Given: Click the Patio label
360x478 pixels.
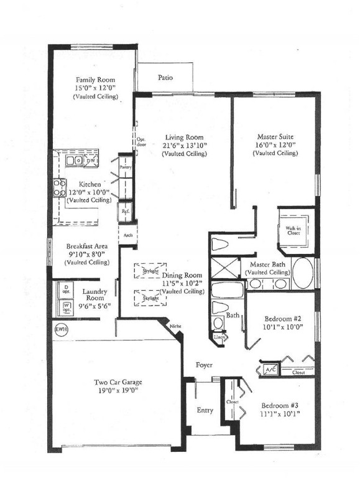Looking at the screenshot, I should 165,78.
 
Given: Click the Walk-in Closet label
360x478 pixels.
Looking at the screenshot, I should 293,232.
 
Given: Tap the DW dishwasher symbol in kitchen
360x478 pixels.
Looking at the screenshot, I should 90,161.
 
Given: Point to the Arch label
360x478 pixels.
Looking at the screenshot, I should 128,235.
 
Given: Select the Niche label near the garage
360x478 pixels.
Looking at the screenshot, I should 175,325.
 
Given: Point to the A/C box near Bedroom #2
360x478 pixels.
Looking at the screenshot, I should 269,368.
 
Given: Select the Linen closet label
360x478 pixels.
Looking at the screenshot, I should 219,337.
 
